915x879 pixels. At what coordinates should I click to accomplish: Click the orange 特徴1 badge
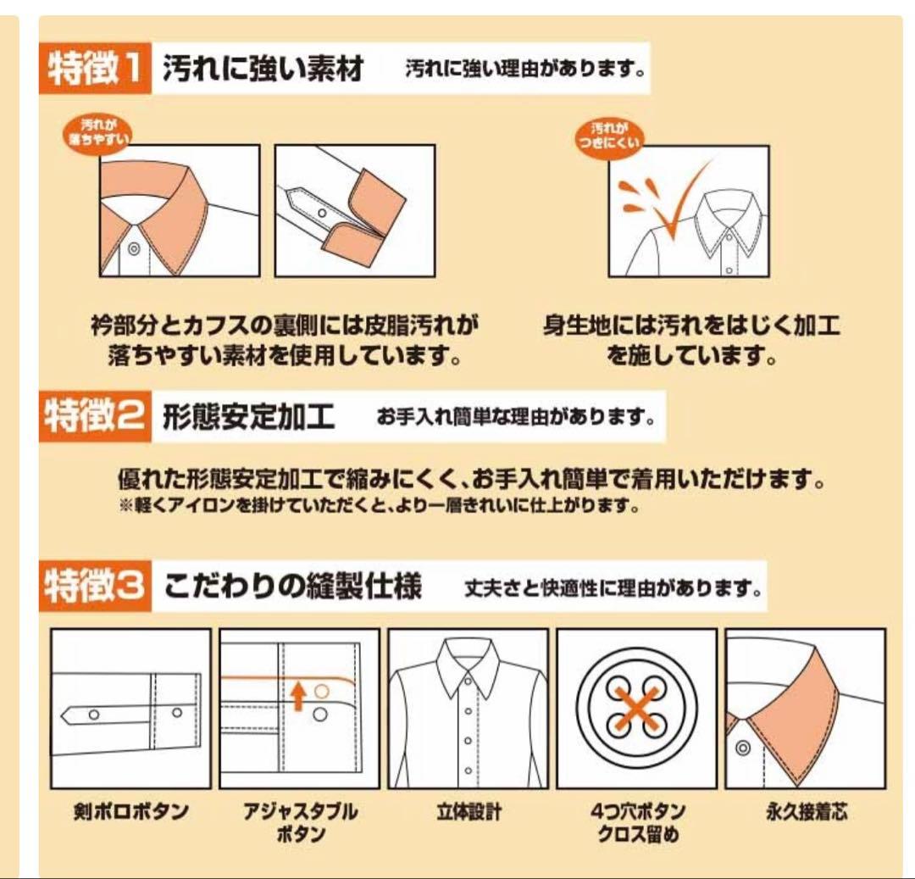[x=95, y=68]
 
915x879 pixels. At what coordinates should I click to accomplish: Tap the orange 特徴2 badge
[x=95, y=416]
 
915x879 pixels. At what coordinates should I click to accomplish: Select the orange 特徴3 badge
[x=95, y=586]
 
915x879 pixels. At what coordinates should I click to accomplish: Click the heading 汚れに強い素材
[x=263, y=69]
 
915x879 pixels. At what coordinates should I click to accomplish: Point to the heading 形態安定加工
[x=248, y=416]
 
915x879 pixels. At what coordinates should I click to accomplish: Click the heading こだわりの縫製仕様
[x=292, y=586]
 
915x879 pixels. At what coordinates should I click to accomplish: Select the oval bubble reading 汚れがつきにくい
[x=608, y=136]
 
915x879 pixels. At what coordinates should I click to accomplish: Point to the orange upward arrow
[x=298, y=696]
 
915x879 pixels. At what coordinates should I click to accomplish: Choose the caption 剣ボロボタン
[x=130, y=811]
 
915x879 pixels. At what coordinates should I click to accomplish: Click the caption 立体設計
[x=469, y=811]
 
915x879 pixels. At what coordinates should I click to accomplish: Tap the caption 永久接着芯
[x=806, y=811]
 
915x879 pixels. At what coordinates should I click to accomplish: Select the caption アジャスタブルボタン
[x=300, y=822]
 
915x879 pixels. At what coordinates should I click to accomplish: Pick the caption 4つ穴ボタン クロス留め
[x=637, y=822]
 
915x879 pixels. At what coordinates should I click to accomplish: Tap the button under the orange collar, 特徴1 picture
[x=134, y=249]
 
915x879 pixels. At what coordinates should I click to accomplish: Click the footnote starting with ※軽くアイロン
[x=380, y=505]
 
